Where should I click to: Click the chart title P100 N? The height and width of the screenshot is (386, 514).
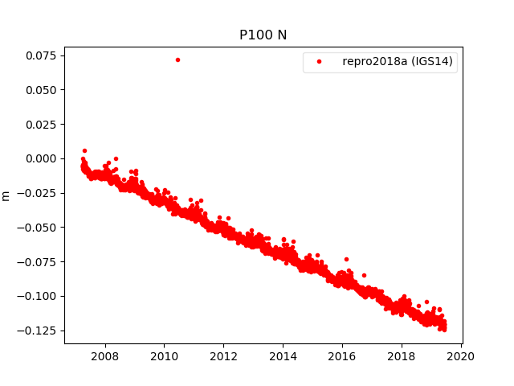pos(263,35)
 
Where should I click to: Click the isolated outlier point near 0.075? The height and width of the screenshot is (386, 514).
pos(177,60)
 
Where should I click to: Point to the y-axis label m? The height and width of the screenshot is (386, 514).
pos(6,195)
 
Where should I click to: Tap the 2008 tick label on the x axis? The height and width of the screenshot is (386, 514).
pos(104,356)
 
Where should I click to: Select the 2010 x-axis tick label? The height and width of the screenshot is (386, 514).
pos(164,356)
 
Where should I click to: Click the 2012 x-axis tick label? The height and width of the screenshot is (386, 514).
pos(223,356)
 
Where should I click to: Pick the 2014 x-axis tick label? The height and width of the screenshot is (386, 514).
pos(283,356)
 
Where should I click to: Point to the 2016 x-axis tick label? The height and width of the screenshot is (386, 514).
pos(342,356)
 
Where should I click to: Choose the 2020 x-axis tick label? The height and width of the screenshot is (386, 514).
pos(461,356)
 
